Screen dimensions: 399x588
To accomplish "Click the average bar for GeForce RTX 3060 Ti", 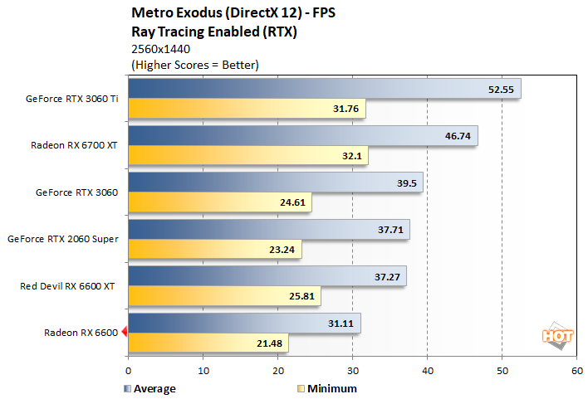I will (324, 88).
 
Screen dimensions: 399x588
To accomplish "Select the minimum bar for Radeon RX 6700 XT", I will (247, 156).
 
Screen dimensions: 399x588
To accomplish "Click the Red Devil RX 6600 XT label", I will (69, 286).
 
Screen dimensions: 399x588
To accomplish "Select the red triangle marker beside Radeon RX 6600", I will (124, 333).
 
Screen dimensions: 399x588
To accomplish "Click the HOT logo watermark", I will (557, 336).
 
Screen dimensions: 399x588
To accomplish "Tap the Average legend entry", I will (150, 387).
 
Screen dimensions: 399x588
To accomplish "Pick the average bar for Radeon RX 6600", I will (244, 323).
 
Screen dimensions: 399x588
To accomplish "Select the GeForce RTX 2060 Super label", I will (62, 239).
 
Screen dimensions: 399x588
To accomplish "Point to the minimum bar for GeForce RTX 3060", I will (219, 203).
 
